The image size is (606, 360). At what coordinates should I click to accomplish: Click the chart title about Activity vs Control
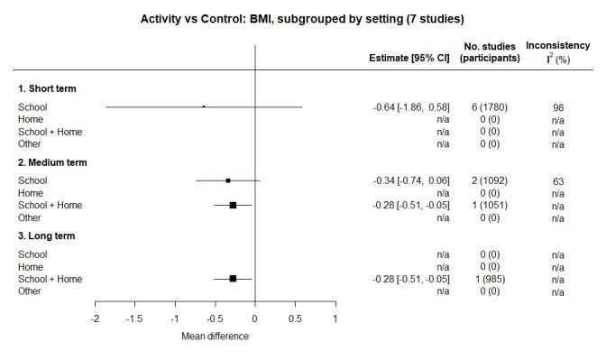302,18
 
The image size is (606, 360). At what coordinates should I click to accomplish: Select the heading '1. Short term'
48,88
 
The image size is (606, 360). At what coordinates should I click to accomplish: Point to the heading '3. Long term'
49,236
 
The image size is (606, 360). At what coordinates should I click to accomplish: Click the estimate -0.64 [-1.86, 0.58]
411,106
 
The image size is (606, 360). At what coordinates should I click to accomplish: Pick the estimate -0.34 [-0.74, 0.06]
411,180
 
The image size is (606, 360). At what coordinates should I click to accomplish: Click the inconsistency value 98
558,107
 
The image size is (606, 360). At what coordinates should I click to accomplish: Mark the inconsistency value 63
558,180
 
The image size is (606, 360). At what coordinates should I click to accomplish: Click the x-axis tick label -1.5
135,318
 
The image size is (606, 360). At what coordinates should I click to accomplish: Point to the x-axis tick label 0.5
295,318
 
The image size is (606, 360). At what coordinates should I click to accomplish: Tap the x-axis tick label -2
96,318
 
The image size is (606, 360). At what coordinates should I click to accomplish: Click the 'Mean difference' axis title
215,337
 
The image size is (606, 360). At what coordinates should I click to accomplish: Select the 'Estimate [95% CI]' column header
409,58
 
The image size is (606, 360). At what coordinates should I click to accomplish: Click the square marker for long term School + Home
233,279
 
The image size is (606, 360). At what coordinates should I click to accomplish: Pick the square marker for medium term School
228,180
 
